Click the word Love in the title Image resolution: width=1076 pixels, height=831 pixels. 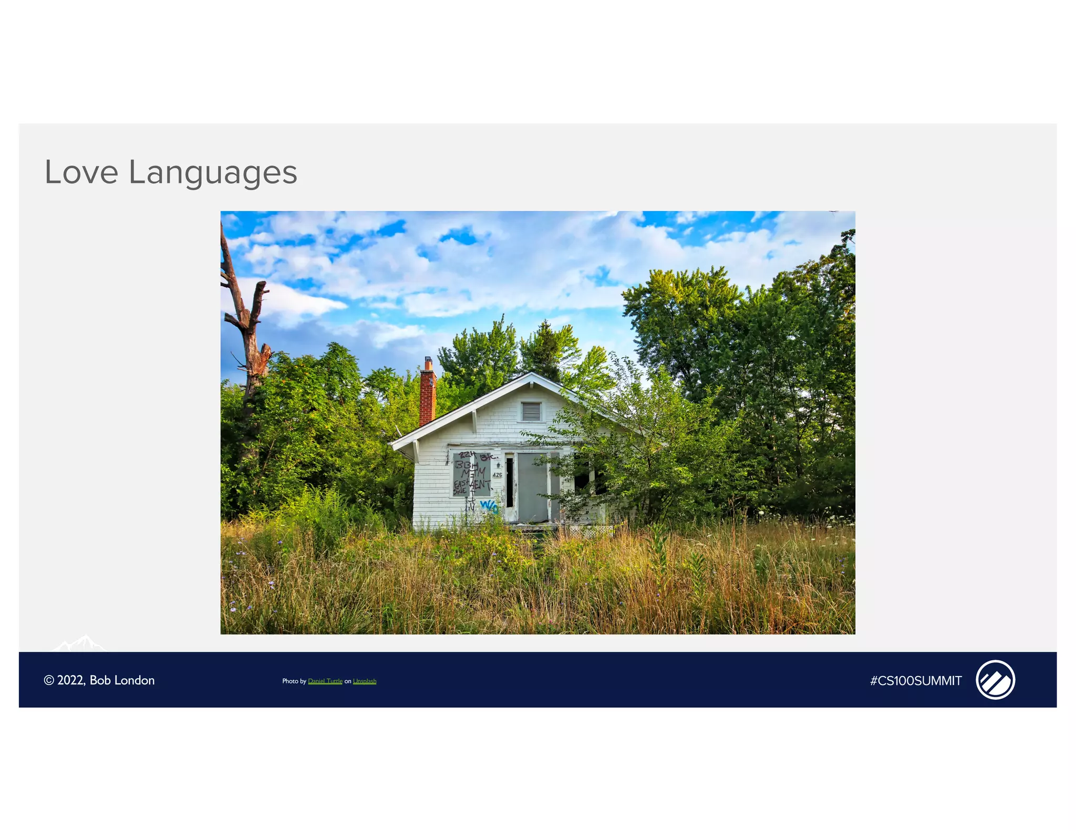coord(81,172)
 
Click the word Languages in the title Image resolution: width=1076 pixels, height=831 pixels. coord(213,173)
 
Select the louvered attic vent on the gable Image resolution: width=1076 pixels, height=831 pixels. coord(531,411)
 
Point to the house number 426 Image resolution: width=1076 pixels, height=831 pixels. coord(497,475)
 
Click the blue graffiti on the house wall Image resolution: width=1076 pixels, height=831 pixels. coord(489,506)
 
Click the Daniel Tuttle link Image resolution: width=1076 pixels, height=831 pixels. coord(325,681)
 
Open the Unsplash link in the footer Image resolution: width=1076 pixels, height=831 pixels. coord(365,681)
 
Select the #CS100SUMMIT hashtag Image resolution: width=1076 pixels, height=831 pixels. coord(916,681)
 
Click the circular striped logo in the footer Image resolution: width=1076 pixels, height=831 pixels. coord(995,680)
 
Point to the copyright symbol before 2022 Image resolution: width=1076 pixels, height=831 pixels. coord(49,680)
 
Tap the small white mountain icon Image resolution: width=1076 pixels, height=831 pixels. coord(80,643)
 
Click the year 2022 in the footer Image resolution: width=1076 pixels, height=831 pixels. coord(71,680)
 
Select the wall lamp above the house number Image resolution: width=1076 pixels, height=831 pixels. coord(498,465)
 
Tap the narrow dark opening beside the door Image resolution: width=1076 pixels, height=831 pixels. coord(509,482)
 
